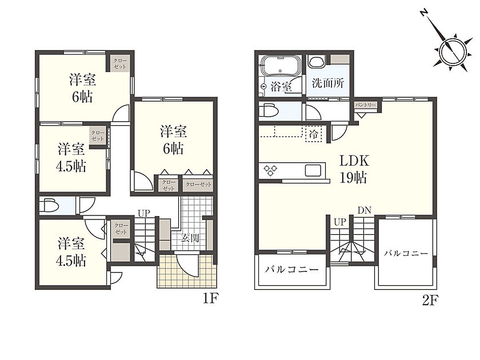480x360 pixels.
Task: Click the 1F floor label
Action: coord(210,299)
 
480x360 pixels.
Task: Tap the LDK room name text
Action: coord(354,161)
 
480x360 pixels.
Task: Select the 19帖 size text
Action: coord(353,178)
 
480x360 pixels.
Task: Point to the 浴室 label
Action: coord(281,87)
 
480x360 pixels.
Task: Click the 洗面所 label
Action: coord(328,83)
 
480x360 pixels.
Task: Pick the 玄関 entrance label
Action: coord(190,238)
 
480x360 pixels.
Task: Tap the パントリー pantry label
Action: coord(365,105)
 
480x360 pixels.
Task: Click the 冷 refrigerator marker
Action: coord(314,134)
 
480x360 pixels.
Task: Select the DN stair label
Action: coord(365,210)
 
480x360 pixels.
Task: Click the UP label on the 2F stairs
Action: coord(339,222)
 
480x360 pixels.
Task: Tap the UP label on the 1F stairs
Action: coord(144,213)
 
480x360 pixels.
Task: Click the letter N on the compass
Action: coord(423,13)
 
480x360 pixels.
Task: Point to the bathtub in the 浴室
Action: coord(281,66)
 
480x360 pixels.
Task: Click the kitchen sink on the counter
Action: coord(313,170)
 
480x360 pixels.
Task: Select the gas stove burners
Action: coord(270,170)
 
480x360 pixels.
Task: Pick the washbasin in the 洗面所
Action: coord(316,62)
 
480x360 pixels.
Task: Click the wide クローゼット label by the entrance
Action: coord(198,184)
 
